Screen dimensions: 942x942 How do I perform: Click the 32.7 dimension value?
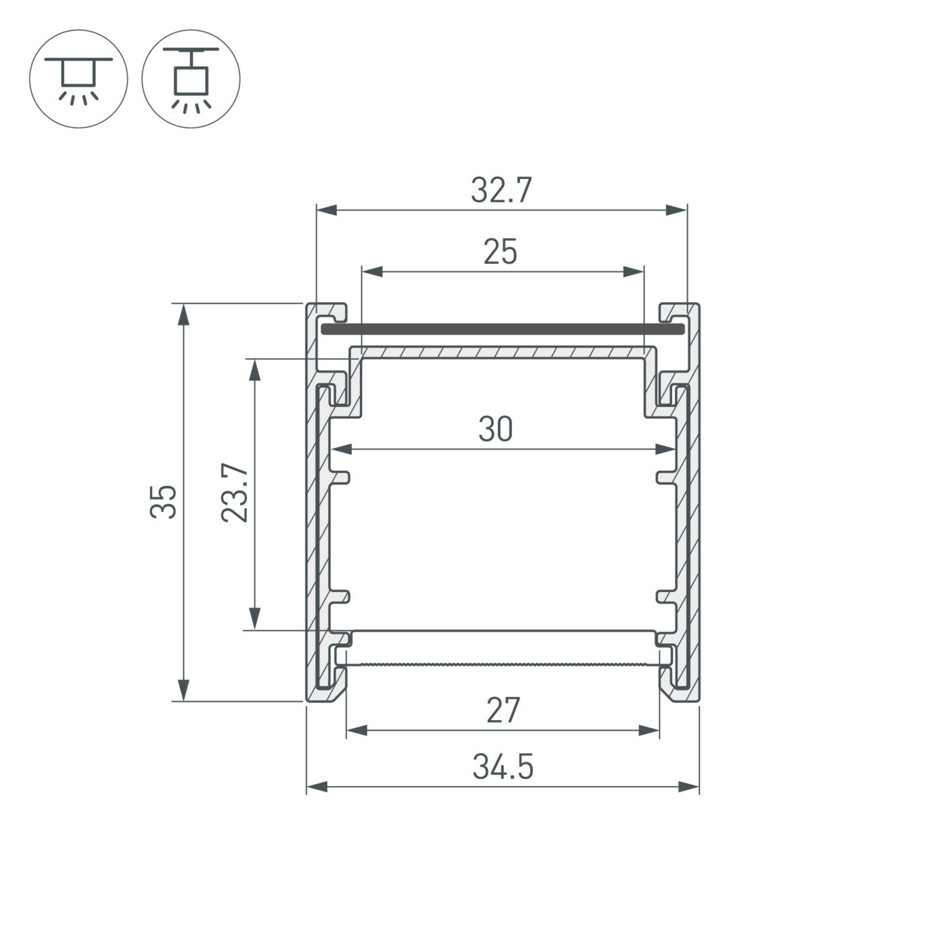[501, 190]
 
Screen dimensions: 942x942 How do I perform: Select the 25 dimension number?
[501, 252]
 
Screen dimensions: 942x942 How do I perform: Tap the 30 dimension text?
[496, 429]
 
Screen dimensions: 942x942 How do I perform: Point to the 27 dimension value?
[503, 711]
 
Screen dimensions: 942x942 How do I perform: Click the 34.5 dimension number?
[503, 767]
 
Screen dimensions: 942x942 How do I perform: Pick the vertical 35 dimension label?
[164, 501]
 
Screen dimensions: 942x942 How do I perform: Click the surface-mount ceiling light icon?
[78, 79]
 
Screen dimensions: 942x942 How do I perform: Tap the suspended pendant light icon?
[191, 79]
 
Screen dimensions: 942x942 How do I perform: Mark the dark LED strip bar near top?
[502, 329]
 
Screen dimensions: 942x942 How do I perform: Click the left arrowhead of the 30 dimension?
[344, 449]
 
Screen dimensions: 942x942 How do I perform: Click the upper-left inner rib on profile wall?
[340, 477]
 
